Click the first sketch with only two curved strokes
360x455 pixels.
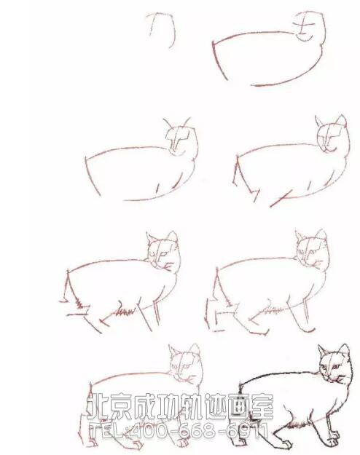(x=162, y=28)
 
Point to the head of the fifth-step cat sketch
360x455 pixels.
(x=163, y=252)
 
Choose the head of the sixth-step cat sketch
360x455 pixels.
(x=311, y=250)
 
